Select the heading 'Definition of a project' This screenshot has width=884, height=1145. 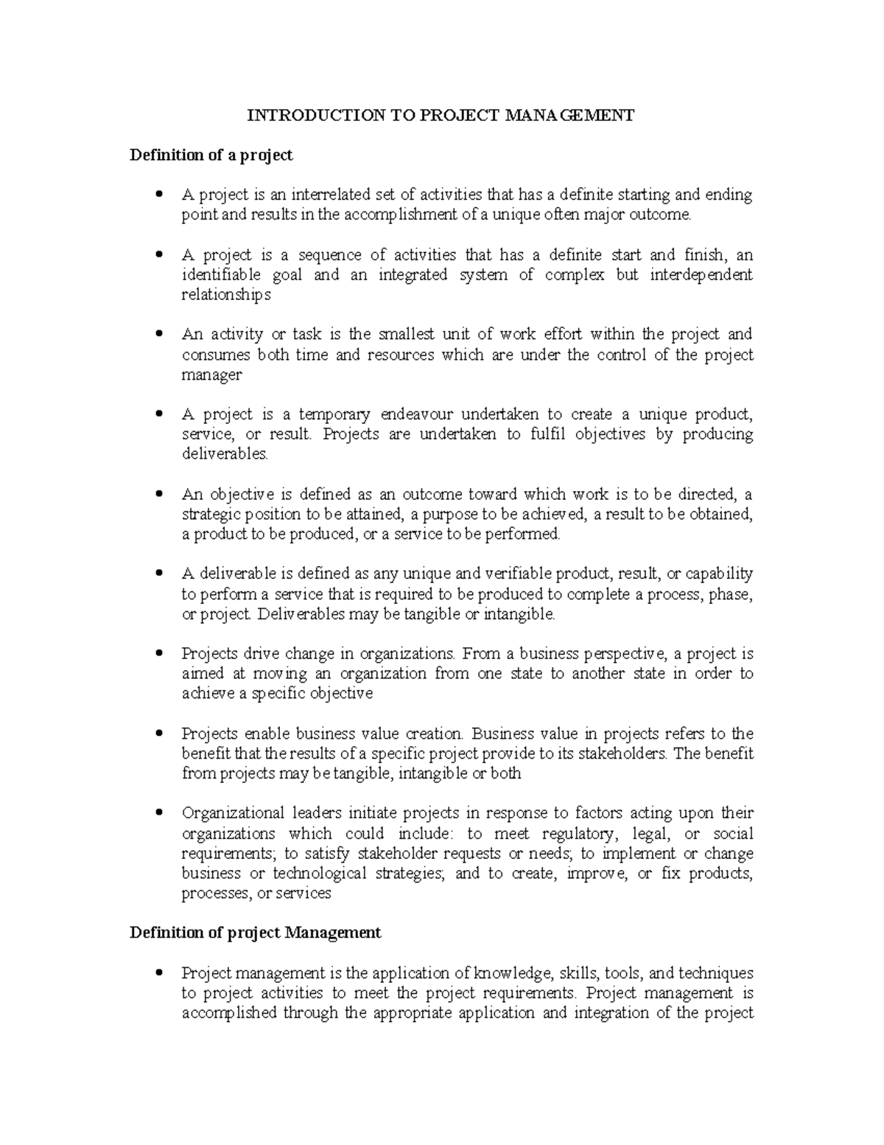[211, 155]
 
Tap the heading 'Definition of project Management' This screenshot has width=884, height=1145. [256, 933]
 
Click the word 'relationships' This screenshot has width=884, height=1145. [226, 295]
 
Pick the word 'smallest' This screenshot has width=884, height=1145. [408, 334]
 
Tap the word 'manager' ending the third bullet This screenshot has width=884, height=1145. [211, 375]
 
